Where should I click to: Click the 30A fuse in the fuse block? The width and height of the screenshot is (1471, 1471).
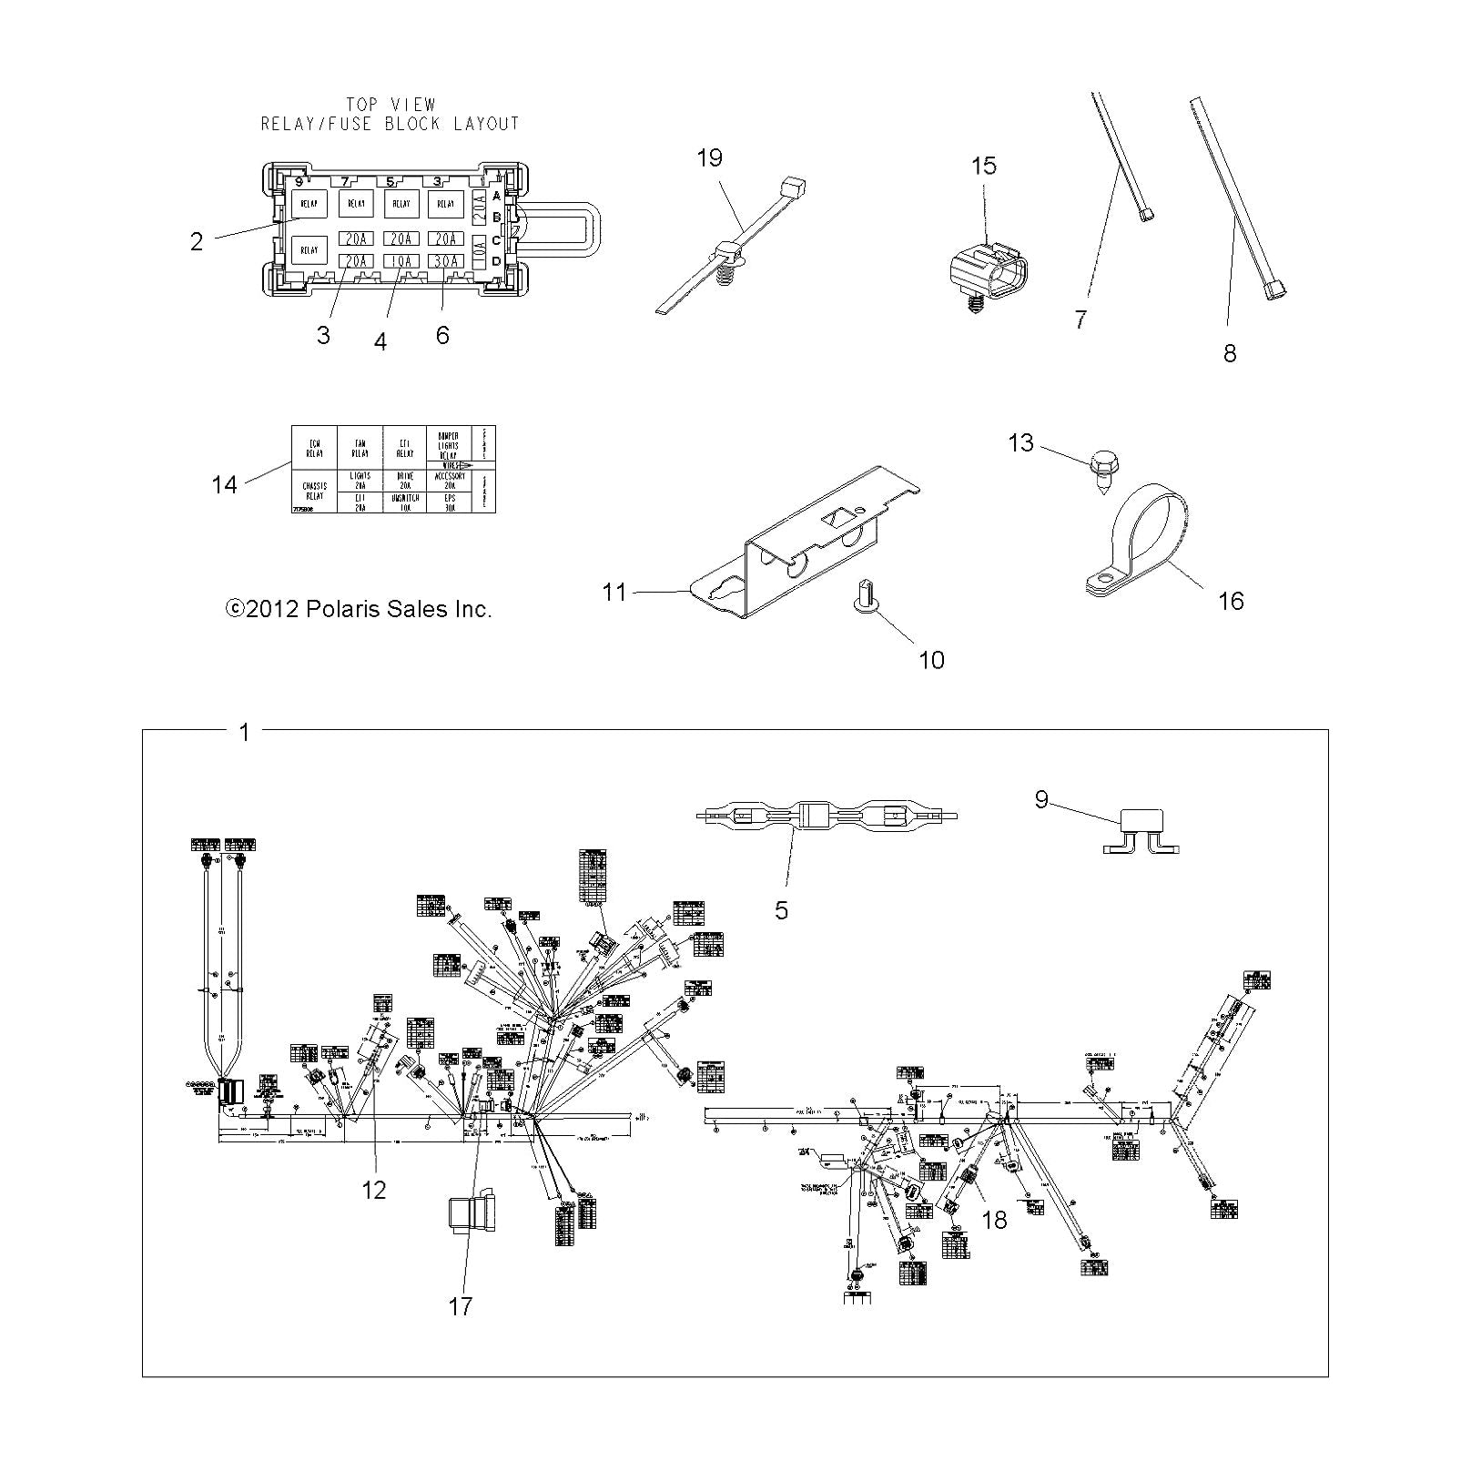click(x=445, y=261)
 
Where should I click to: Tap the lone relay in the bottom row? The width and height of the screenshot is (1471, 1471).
click(x=309, y=249)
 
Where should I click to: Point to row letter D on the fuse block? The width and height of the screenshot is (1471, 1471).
click(x=496, y=262)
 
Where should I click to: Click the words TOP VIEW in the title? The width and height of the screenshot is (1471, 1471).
click(x=391, y=105)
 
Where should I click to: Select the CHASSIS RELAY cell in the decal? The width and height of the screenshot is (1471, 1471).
click(x=314, y=492)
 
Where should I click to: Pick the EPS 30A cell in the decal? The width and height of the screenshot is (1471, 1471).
click(x=450, y=502)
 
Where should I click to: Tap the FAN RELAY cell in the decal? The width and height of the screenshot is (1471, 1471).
click(x=360, y=448)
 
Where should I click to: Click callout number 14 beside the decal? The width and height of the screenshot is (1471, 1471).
click(x=224, y=484)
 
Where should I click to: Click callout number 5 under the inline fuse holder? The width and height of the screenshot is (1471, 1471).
click(x=781, y=909)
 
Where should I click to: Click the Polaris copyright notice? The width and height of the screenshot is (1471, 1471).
click(x=358, y=609)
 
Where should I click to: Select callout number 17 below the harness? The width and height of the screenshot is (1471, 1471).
click(x=461, y=1306)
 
